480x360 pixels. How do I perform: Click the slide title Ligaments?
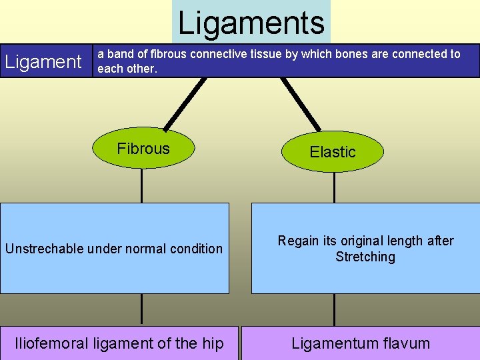point(251,23)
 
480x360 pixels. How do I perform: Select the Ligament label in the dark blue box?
point(43,62)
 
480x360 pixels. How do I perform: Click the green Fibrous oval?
point(143,149)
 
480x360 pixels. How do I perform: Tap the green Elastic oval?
point(333,152)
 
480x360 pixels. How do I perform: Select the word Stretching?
point(365,257)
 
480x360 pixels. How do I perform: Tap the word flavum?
point(406,343)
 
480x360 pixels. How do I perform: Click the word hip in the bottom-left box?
point(213,343)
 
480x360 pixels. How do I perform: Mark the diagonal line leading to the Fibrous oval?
point(185,103)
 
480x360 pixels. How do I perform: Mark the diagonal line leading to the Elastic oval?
point(301,103)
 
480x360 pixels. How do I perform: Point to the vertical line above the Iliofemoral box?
point(141,309)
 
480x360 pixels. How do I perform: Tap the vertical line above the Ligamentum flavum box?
point(334,309)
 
